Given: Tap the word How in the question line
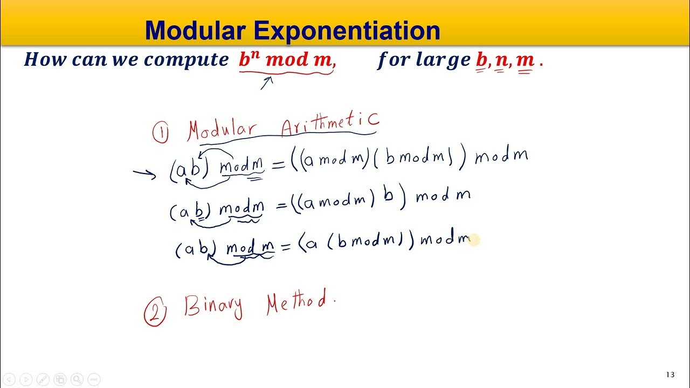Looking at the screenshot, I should [x=45, y=59].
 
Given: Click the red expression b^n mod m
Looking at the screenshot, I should [x=286, y=60].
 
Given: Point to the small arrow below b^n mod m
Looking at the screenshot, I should [x=267, y=83].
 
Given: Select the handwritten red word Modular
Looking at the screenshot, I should [x=222, y=130].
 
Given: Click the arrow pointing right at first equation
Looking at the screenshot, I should [x=144, y=173].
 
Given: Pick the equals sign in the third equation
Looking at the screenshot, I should [x=285, y=246].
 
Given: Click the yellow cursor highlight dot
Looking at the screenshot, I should [x=473, y=240].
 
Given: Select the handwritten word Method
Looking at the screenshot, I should [x=298, y=302].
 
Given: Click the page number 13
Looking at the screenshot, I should [x=670, y=375].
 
